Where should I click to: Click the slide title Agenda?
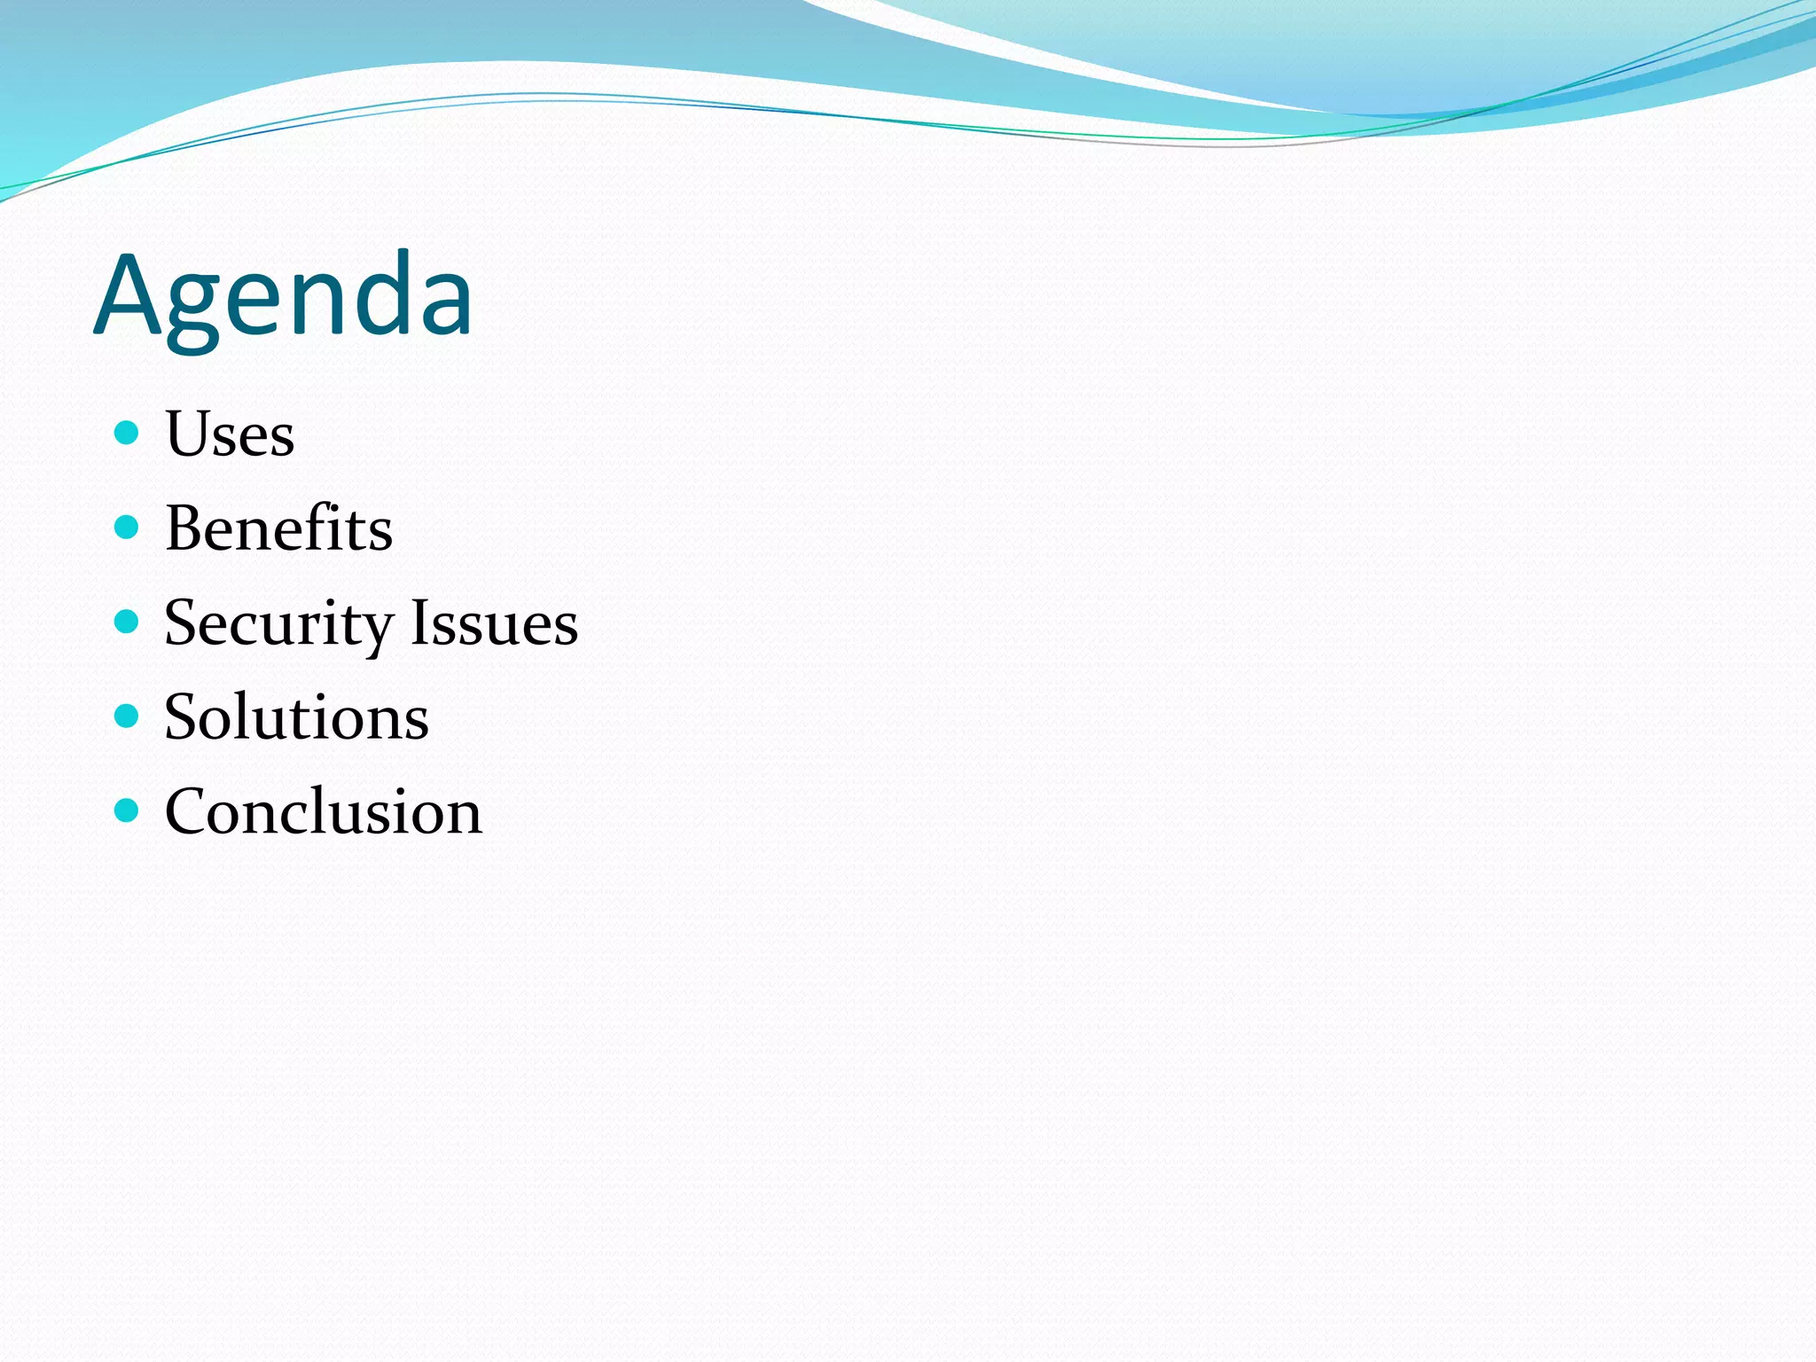pos(283,295)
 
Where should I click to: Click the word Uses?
pos(230,434)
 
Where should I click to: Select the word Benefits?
pos(278,528)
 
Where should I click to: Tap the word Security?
pos(278,623)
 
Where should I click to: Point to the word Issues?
pos(494,622)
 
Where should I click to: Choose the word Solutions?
pos(296,717)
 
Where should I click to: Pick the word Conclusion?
pos(323,812)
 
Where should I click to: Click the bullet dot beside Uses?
pos(128,433)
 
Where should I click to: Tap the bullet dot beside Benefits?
pos(128,528)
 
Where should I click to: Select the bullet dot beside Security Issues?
pos(128,622)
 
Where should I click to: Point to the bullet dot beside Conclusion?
pos(128,810)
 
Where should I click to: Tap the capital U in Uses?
pos(189,434)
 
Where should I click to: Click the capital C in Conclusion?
pos(189,812)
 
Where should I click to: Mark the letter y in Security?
pos(377,631)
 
